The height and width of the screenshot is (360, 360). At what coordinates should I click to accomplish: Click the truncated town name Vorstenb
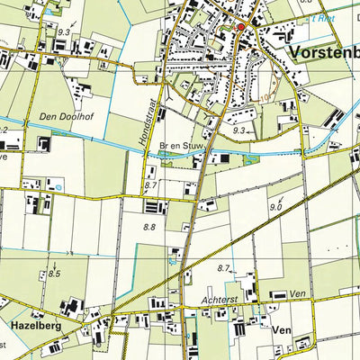pyautogui.click(x=324, y=53)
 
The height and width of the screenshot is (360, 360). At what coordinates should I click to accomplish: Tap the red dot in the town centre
pyautogui.click(x=240, y=26)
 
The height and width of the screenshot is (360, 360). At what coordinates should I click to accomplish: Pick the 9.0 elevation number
pyautogui.click(x=274, y=208)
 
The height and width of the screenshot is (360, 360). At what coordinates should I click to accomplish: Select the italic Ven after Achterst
pyautogui.click(x=299, y=293)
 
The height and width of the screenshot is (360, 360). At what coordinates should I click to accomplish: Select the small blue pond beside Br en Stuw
pyautogui.click(x=166, y=154)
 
